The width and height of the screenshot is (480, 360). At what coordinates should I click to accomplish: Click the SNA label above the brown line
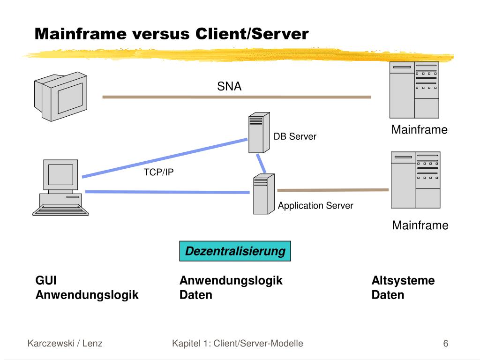pyautogui.click(x=229, y=86)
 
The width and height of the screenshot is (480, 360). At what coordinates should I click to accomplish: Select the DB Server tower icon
pyautogui.click(x=259, y=133)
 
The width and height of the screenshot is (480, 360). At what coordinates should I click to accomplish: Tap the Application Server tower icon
pyautogui.click(x=263, y=194)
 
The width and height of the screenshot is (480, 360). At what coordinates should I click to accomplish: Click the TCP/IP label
pyautogui.click(x=158, y=172)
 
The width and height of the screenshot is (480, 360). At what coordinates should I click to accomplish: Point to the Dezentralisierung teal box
pyautogui.click(x=235, y=251)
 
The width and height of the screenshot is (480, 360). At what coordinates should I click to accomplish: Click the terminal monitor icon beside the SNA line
pyautogui.click(x=60, y=97)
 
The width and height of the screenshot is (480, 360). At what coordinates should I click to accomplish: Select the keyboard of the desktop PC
pyautogui.click(x=60, y=210)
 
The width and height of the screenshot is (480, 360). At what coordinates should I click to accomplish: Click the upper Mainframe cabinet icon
pyautogui.click(x=414, y=90)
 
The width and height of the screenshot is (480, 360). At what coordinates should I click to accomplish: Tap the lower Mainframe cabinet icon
pyautogui.click(x=415, y=180)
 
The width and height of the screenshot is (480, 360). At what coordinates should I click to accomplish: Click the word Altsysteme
pyautogui.click(x=403, y=280)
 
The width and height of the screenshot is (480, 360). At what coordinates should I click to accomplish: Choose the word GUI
pyautogui.click(x=46, y=280)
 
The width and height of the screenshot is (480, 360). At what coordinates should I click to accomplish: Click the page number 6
pyautogui.click(x=446, y=344)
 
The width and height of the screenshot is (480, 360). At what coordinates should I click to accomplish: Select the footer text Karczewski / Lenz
pyautogui.click(x=65, y=344)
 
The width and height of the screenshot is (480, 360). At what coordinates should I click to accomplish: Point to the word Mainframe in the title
pyautogui.click(x=81, y=34)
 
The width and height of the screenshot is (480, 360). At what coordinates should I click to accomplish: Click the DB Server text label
pyautogui.click(x=295, y=136)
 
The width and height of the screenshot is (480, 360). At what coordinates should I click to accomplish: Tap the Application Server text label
pyautogui.click(x=315, y=206)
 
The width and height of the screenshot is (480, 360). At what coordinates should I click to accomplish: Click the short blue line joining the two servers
pyautogui.click(x=261, y=164)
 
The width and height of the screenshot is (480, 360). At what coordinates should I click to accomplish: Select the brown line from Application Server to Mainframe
pyautogui.click(x=333, y=190)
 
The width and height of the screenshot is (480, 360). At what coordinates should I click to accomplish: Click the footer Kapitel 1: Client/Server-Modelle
pyautogui.click(x=238, y=344)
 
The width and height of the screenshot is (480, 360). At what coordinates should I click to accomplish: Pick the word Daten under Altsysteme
pyautogui.click(x=388, y=295)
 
